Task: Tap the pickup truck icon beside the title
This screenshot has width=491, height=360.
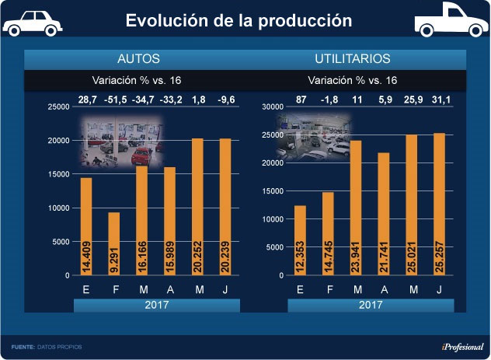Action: (446, 23)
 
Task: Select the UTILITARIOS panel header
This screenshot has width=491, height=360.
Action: (352, 59)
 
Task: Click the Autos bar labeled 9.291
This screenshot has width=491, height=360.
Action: (113, 243)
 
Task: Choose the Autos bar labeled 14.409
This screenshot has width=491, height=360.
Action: (86, 226)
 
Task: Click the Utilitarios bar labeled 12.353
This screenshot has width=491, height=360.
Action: (300, 240)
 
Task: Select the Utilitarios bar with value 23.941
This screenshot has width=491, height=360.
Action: (355, 208)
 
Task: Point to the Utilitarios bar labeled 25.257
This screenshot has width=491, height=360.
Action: (440, 204)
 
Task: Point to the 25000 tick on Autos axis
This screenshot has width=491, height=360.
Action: (59, 107)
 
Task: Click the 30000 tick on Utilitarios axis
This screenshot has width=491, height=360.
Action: (272, 107)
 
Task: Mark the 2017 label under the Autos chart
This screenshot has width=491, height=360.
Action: (141, 306)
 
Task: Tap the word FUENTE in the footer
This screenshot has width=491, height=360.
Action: (23, 346)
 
